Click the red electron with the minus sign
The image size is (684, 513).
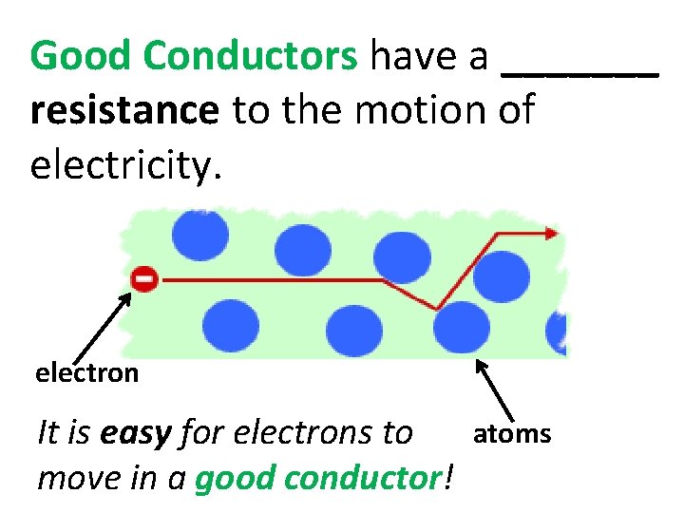point(144,279)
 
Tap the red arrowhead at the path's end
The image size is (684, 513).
point(551,232)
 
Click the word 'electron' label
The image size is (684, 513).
point(87,372)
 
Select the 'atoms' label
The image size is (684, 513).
point(512,434)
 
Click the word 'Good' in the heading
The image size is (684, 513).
point(81,58)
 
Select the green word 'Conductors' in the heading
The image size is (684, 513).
point(250,58)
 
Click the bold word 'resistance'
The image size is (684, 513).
point(124,111)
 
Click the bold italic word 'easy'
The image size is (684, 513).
point(135,434)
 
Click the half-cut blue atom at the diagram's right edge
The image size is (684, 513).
point(557,332)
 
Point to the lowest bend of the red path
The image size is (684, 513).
point(436,308)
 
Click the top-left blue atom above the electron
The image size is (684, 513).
point(199,233)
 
